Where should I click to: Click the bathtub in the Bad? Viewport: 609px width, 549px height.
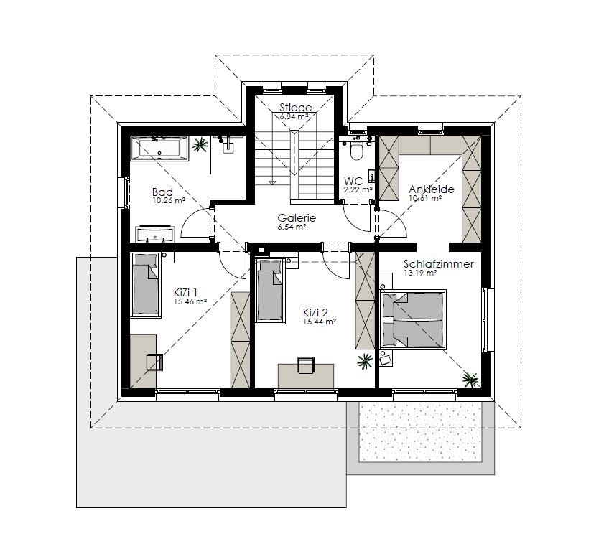coord(159,148)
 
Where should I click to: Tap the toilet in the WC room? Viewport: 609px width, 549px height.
coord(356,151)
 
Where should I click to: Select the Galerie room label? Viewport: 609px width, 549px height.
coord(297,218)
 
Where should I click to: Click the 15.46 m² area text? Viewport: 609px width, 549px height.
coord(190,301)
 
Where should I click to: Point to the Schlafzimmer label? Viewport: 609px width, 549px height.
coord(439,264)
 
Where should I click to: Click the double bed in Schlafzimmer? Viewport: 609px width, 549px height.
coord(413,319)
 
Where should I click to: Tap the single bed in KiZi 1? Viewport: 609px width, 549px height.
coord(145,285)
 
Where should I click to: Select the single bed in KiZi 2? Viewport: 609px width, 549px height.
coord(269,290)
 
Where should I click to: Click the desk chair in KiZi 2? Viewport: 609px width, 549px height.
coord(306,365)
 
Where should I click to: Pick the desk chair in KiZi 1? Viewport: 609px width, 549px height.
coord(154,362)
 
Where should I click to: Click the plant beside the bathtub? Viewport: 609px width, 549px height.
coord(200,145)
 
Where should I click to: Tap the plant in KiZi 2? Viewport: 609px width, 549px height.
coord(365,361)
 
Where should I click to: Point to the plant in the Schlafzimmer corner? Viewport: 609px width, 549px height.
coord(470,379)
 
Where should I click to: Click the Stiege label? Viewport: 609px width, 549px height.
coord(296,108)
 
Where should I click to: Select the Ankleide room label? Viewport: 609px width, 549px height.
coord(432,189)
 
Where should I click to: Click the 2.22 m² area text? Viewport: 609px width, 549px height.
coord(358,189)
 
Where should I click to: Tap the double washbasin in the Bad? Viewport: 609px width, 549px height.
coord(156,233)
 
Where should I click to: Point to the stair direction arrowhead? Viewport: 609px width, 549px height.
coord(272,182)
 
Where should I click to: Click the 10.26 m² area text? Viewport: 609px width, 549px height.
coord(169,201)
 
